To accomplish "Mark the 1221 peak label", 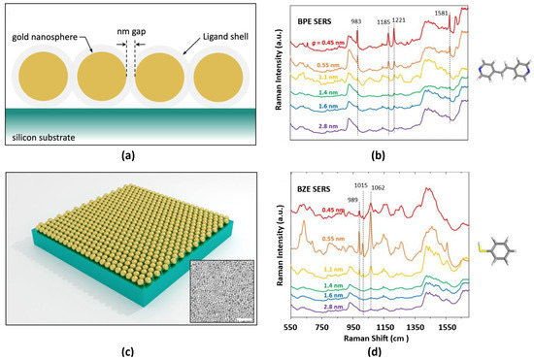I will (399, 19).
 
